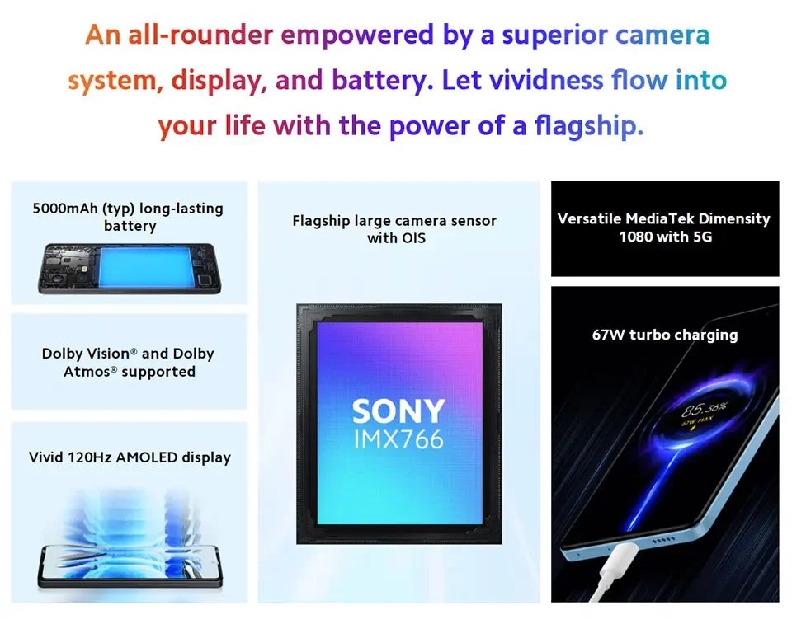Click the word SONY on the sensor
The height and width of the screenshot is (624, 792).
pyautogui.click(x=398, y=411)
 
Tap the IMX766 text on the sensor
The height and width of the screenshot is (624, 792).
pyautogui.click(x=398, y=439)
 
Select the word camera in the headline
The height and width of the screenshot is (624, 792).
pyautogui.click(x=662, y=35)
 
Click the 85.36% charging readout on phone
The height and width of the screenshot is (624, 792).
pyautogui.click(x=703, y=408)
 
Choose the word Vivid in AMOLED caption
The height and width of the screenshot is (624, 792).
pyautogui.click(x=47, y=457)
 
